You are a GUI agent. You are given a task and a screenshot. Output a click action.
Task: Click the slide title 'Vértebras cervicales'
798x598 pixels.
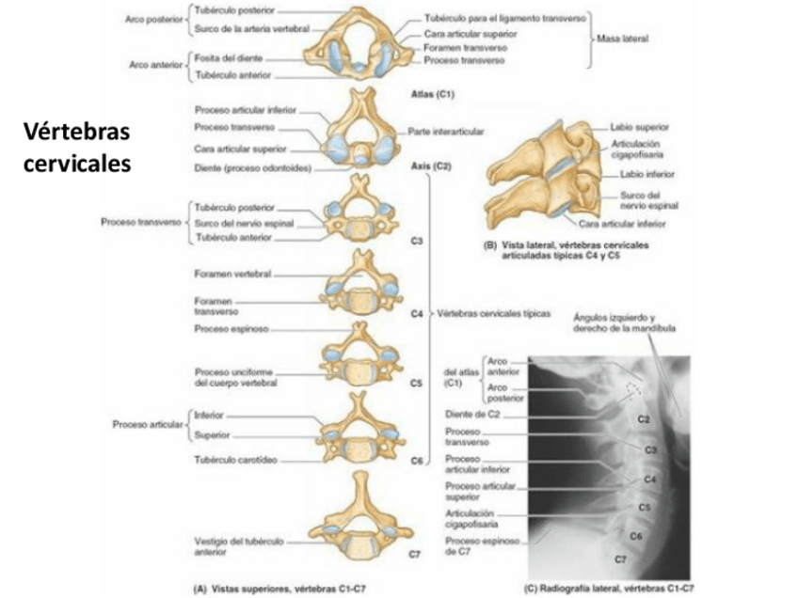(75, 149)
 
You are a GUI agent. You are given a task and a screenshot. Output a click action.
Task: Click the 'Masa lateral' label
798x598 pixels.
(623, 39)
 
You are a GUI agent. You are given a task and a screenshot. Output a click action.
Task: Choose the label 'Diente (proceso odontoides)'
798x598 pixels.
(252, 170)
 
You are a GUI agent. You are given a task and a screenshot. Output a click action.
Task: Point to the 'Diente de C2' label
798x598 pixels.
(470, 414)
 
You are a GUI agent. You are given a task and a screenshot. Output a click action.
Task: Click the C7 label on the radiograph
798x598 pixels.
(620, 559)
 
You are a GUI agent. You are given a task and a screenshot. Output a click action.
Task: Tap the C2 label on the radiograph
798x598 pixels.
(644, 417)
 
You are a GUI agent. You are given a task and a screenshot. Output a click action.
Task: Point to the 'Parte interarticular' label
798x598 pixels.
(446, 133)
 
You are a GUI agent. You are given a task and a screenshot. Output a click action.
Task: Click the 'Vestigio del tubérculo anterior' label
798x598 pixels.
(231, 547)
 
